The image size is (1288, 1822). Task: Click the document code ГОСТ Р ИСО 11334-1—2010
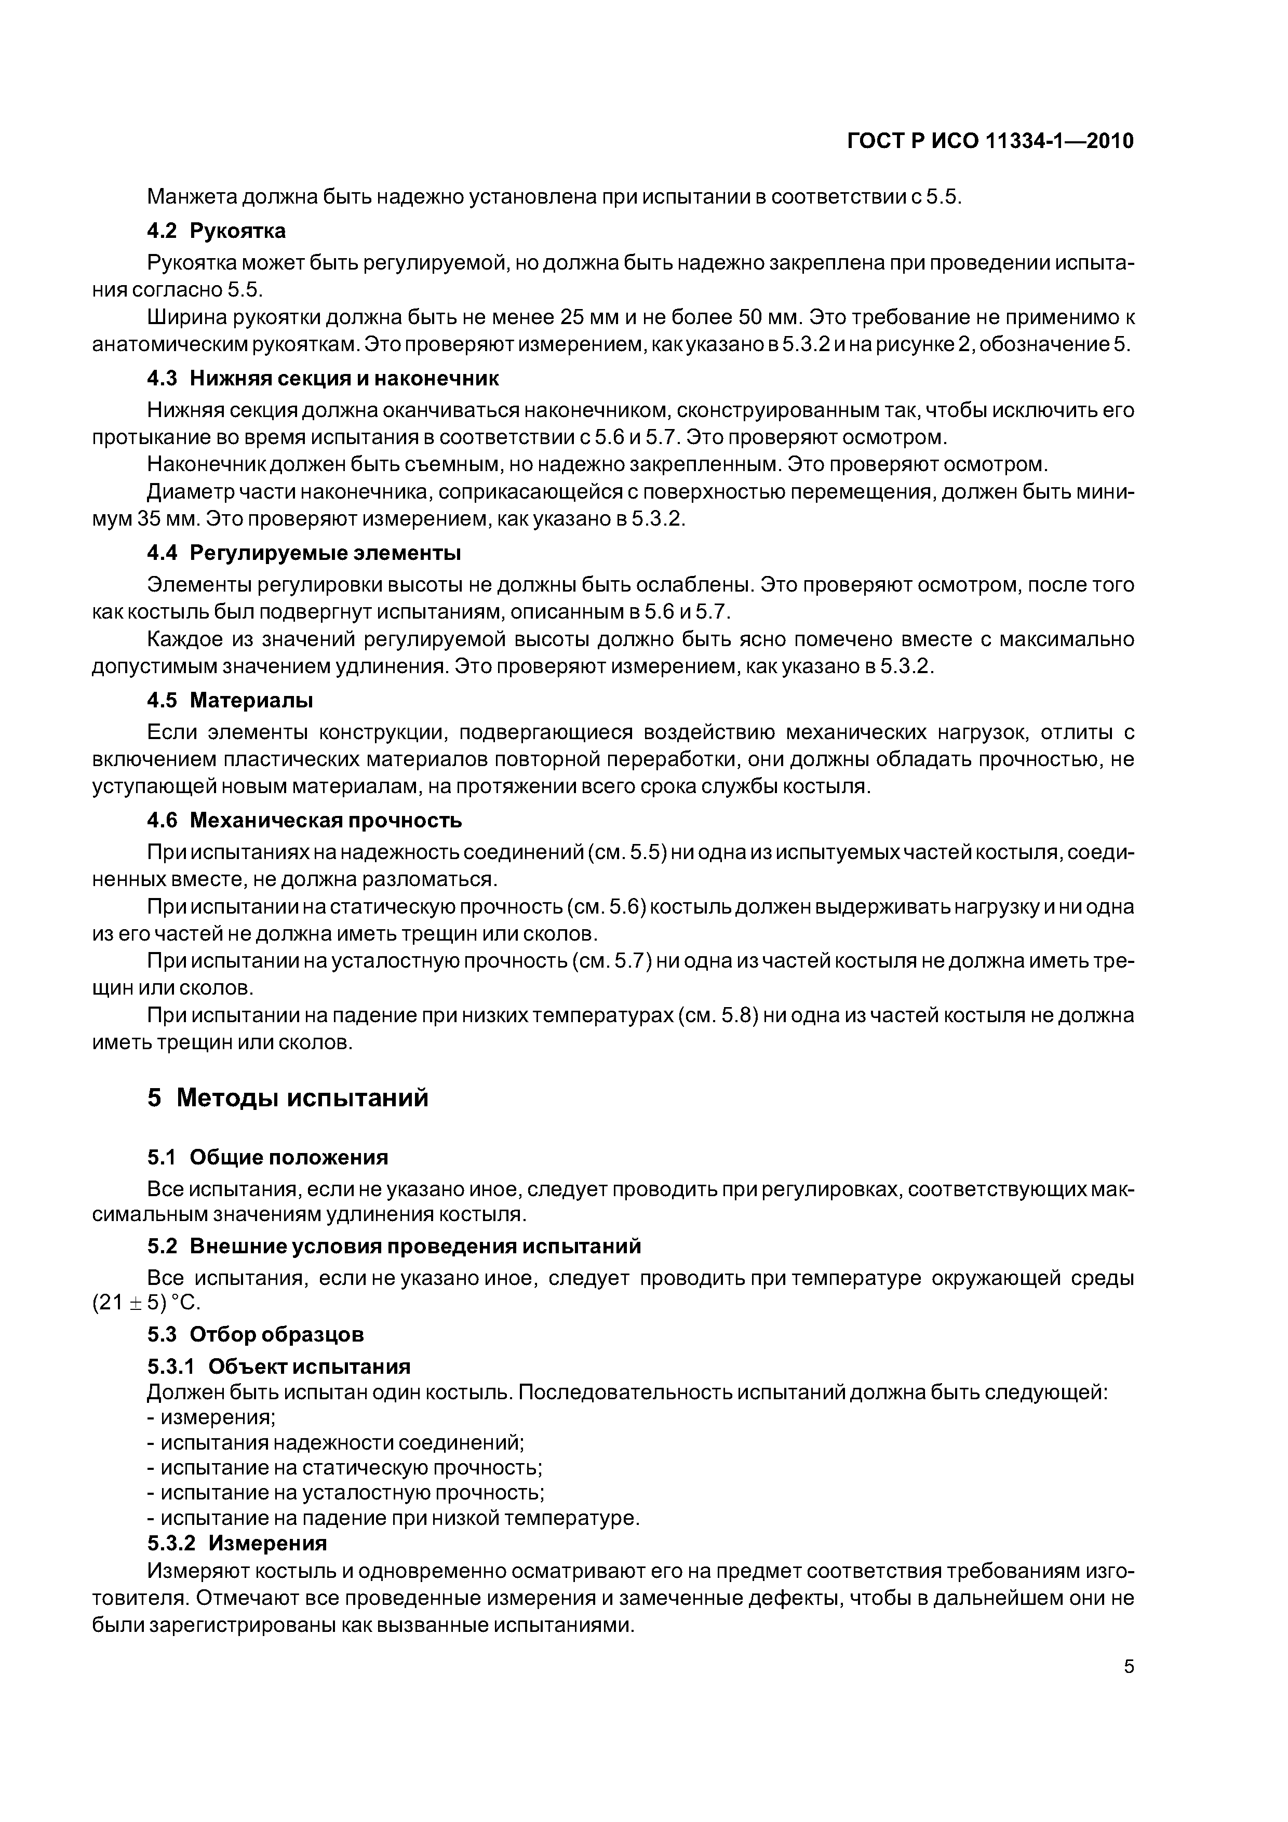pyautogui.click(x=990, y=141)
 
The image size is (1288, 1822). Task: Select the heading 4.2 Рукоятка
pyautogui.click(x=216, y=231)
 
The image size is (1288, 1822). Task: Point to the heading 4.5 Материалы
pyautogui.click(x=230, y=701)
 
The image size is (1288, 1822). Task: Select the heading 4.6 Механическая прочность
pyautogui.click(x=304, y=820)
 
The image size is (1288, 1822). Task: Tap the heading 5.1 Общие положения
pyautogui.click(x=267, y=1158)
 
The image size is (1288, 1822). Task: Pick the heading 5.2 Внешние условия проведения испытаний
pyautogui.click(x=394, y=1246)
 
